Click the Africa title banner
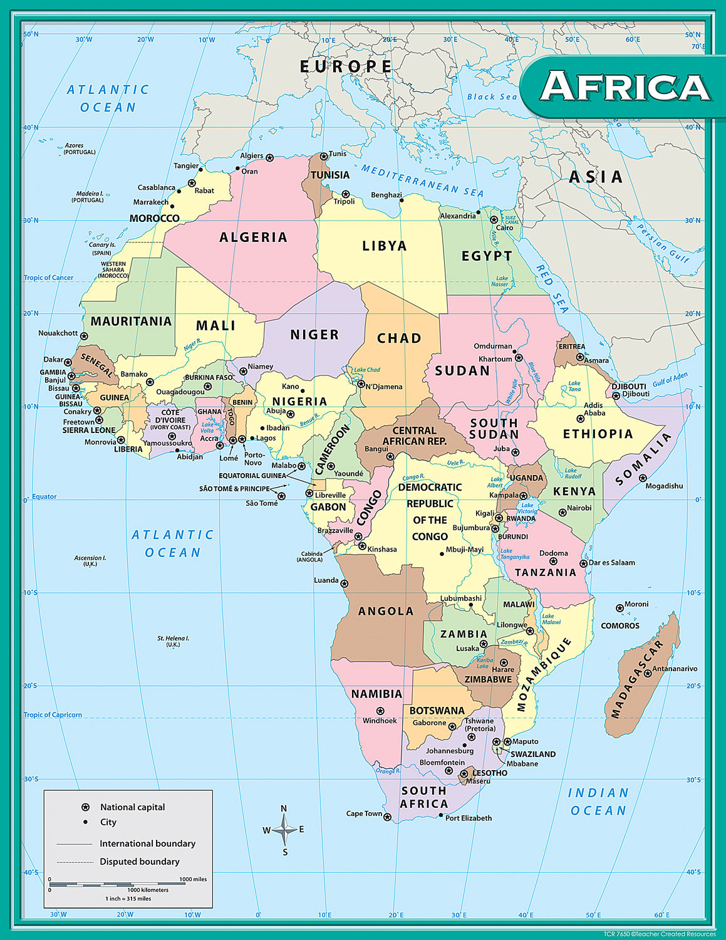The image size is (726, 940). (x=624, y=86)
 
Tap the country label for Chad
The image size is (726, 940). (x=399, y=338)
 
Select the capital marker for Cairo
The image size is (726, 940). (x=494, y=220)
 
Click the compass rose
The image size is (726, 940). (x=284, y=830)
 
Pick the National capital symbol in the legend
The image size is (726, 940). (x=86, y=807)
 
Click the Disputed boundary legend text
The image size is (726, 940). (x=140, y=862)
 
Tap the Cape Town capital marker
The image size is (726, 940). (x=387, y=817)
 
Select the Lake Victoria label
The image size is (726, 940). (x=527, y=508)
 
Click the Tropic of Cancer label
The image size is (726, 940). (x=48, y=278)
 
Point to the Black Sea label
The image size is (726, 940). (x=492, y=97)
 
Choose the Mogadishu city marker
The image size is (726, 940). (x=643, y=478)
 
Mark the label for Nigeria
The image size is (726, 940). (x=299, y=401)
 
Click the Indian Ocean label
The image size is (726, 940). (x=598, y=802)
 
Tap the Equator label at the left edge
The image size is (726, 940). (x=44, y=496)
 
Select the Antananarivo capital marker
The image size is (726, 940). (x=648, y=673)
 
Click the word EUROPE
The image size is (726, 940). (x=346, y=66)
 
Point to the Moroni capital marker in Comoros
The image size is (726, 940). (x=620, y=608)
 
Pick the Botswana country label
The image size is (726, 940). (x=437, y=711)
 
